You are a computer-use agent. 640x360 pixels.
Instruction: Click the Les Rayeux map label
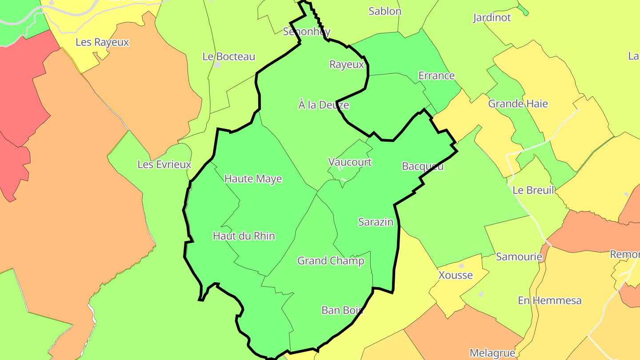(102, 42)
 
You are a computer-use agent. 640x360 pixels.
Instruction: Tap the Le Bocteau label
(229, 56)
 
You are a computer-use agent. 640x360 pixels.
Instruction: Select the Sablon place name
(385, 11)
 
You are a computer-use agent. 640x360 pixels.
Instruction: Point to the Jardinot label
(492, 18)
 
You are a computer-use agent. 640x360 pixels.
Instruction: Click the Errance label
(436, 76)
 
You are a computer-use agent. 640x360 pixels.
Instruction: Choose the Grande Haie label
(518, 104)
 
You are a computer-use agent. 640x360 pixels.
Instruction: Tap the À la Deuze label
(324, 105)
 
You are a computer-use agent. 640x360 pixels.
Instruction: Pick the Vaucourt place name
(350, 162)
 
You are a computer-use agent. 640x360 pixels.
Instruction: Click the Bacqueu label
(423, 166)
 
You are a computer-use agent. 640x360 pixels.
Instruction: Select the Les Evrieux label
(164, 164)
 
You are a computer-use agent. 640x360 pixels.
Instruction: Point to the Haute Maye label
(253, 179)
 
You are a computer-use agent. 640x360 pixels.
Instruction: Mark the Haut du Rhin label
(244, 236)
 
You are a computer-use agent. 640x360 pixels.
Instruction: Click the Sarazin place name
(376, 222)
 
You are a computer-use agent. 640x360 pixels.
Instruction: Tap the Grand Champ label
(331, 260)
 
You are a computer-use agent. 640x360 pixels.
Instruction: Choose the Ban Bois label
(342, 310)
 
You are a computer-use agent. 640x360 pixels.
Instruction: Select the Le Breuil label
(533, 190)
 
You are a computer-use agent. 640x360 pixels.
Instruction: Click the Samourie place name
(519, 256)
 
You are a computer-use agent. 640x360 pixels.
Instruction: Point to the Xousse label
(456, 275)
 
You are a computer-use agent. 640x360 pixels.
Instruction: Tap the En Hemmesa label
(549, 300)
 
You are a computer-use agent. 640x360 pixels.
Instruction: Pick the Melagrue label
(492, 353)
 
